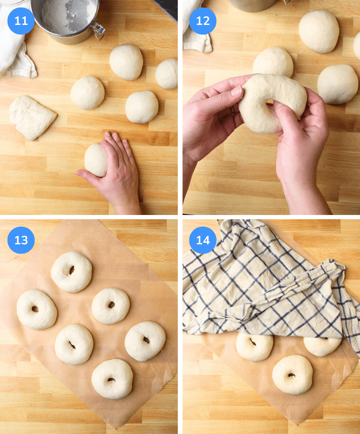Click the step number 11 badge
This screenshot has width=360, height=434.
(21, 21)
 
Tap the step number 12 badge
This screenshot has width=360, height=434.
(203, 21)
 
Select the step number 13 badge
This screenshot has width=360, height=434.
(21, 240)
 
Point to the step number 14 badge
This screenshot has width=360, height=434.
(203, 240)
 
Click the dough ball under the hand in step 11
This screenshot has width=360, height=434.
(95, 160)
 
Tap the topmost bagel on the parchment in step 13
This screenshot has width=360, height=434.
(72, 272)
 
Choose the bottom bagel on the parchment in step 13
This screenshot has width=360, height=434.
(112, 379)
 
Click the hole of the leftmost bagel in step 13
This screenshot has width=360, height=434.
(35, 309)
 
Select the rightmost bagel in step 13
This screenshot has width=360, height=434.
(145, 341)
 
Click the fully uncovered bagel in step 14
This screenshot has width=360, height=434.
(292, 374)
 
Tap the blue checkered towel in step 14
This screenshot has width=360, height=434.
(261, 289)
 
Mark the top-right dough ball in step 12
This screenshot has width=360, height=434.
(319, 31)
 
